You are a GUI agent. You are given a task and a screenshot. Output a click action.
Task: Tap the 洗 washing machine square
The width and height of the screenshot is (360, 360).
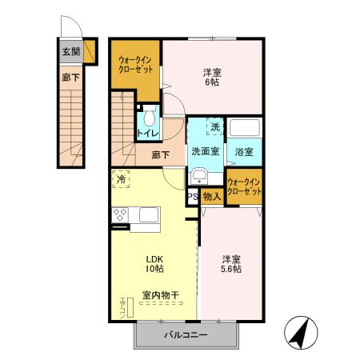pyautogui.click(x=214, y=126)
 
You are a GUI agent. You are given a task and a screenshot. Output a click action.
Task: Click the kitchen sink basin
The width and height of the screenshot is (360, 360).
pyautogui.click(x=150, y=214)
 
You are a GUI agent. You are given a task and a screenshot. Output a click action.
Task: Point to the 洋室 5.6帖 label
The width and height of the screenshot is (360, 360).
pyautogui.click(x=231, y=265)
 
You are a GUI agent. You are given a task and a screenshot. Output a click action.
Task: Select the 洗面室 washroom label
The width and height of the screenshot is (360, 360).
pyautogui.click(x=206, y=151)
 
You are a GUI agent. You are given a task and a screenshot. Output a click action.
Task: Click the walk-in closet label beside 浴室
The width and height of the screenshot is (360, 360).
pyautogui.click(x=244, y=187)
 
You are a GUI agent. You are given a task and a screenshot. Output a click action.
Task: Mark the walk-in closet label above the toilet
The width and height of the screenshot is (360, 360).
pyautogui.click(x=134, y=65)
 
